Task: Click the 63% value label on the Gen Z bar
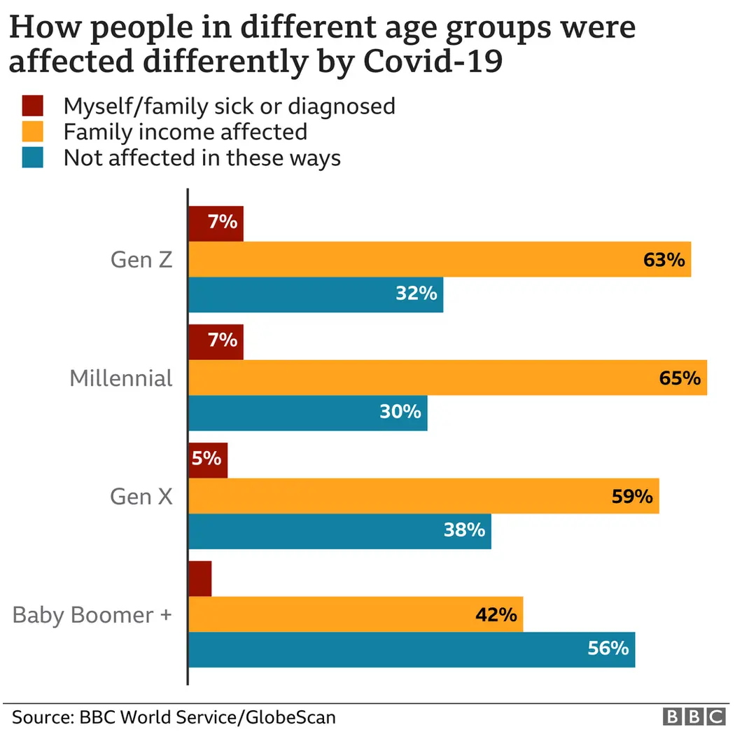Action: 663,260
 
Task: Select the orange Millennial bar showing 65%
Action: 448,378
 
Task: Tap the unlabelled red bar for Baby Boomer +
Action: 200,579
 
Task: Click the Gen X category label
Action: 141,497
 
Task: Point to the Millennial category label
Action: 120,378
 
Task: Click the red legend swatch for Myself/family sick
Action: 33,106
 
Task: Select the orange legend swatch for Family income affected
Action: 33,132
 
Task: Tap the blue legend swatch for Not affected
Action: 33,158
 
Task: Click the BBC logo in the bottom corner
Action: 694,717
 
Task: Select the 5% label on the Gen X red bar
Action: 207,460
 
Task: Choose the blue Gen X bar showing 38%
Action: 339,531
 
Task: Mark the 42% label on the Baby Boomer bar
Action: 496,615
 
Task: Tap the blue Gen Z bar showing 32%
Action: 316,294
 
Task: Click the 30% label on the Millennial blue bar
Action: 400,412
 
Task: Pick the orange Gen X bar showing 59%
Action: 423,497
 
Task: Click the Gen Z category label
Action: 141,260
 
